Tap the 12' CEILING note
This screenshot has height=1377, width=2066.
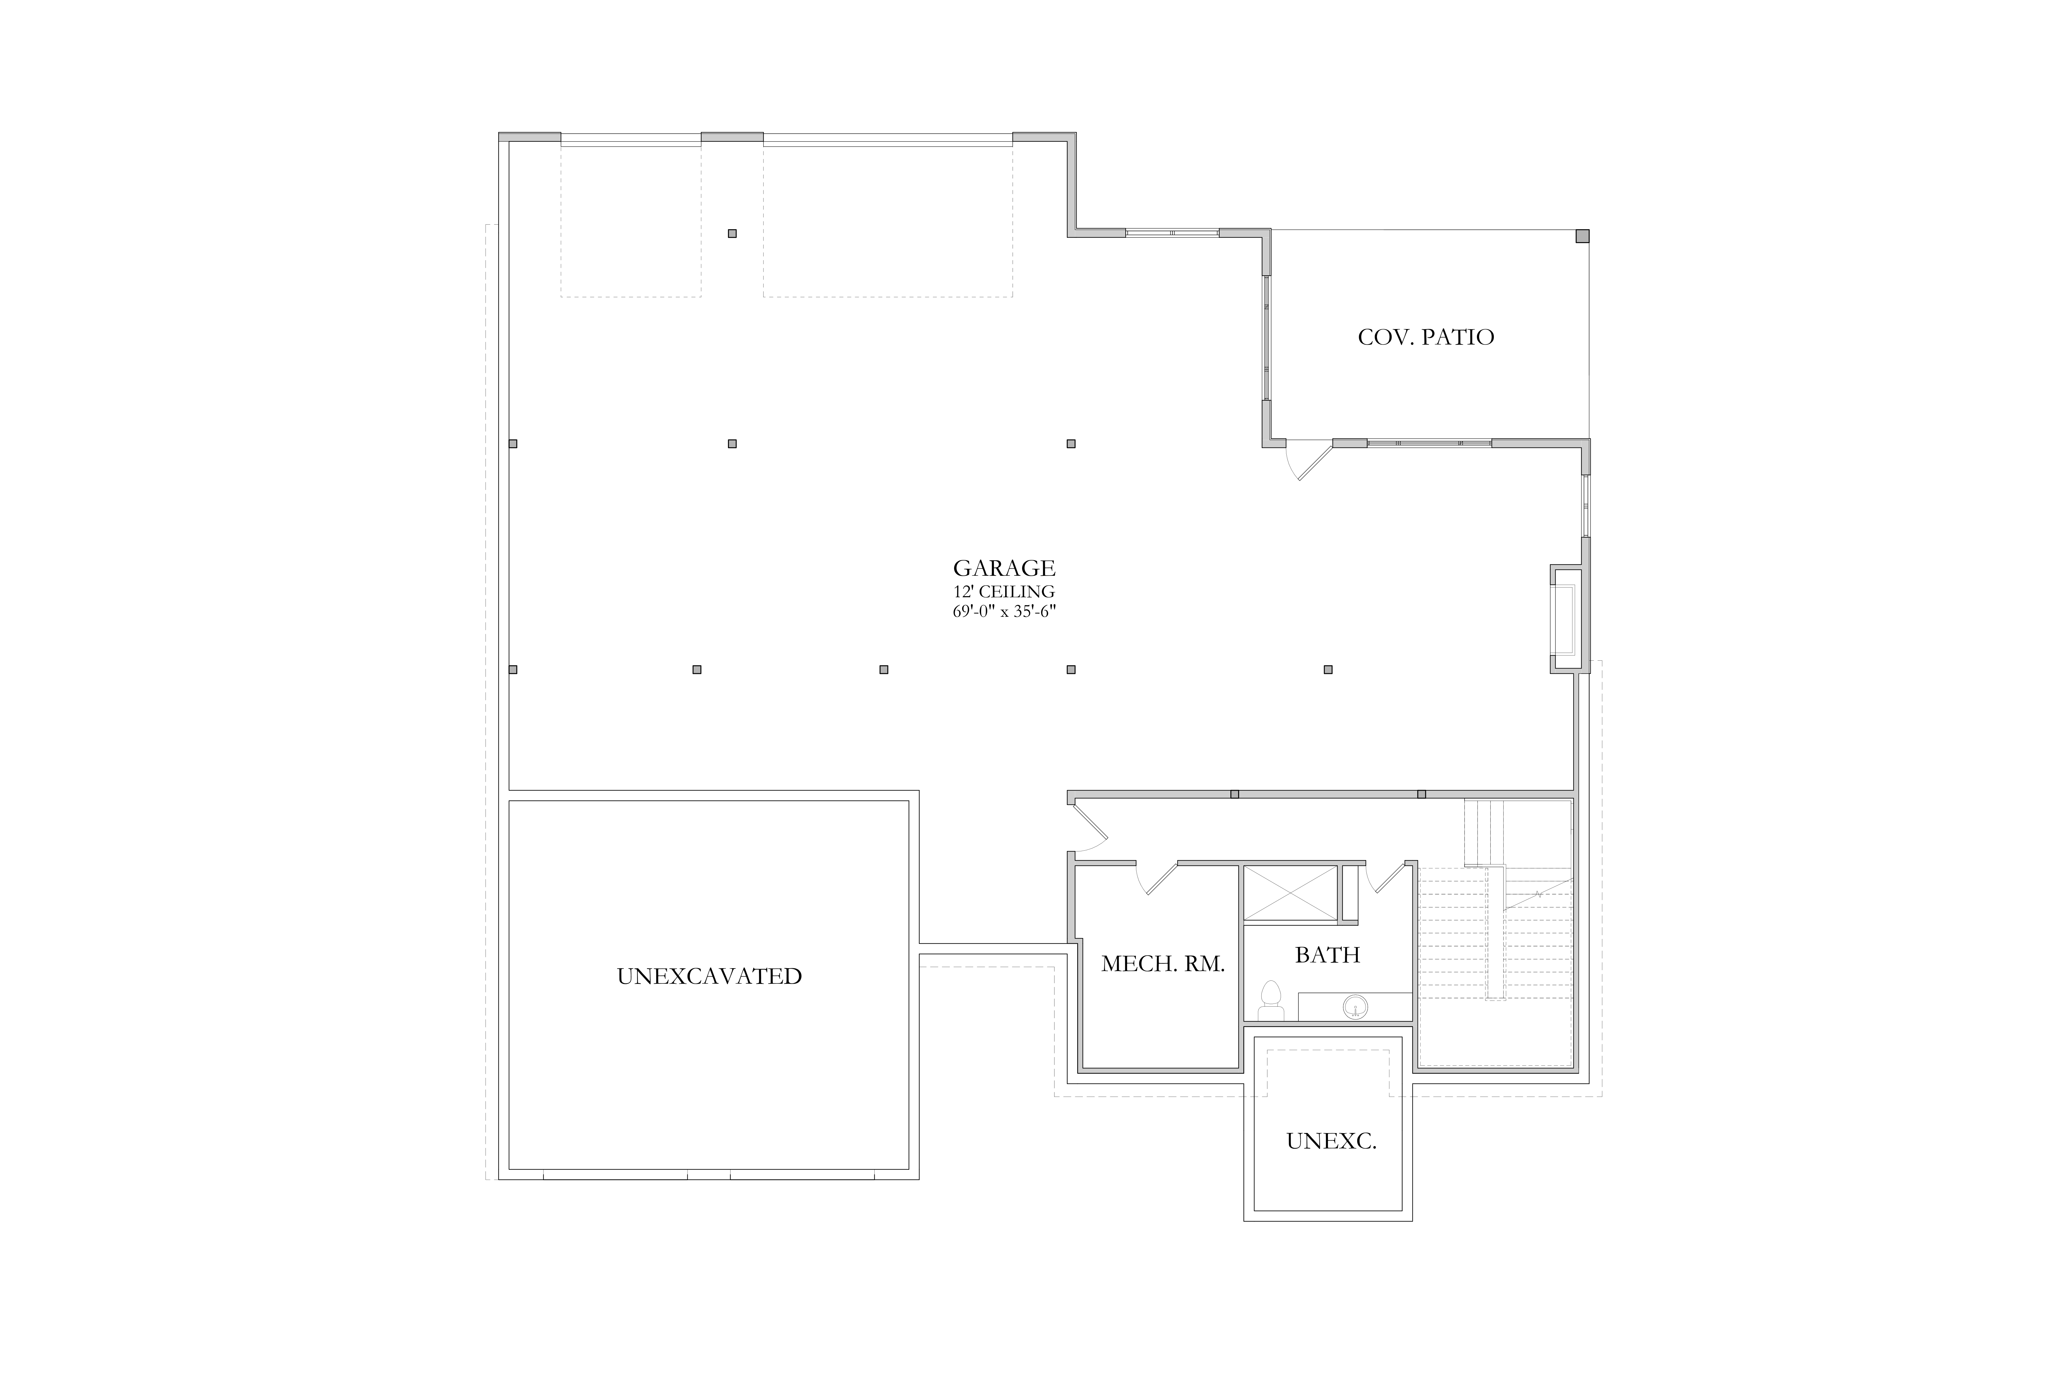click(x=1004, y=592)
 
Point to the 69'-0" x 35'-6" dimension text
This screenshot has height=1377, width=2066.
click(x=1004, y=611)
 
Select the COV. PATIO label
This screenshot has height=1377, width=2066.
click(x=1426, y=337)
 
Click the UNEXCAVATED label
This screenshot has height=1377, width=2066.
click(x=709, y=977)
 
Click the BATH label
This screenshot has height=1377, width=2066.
click(x=1327, y=955)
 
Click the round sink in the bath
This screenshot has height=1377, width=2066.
click(x=1355, y=1006)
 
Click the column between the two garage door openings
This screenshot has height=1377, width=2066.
click(x=732, y=234)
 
